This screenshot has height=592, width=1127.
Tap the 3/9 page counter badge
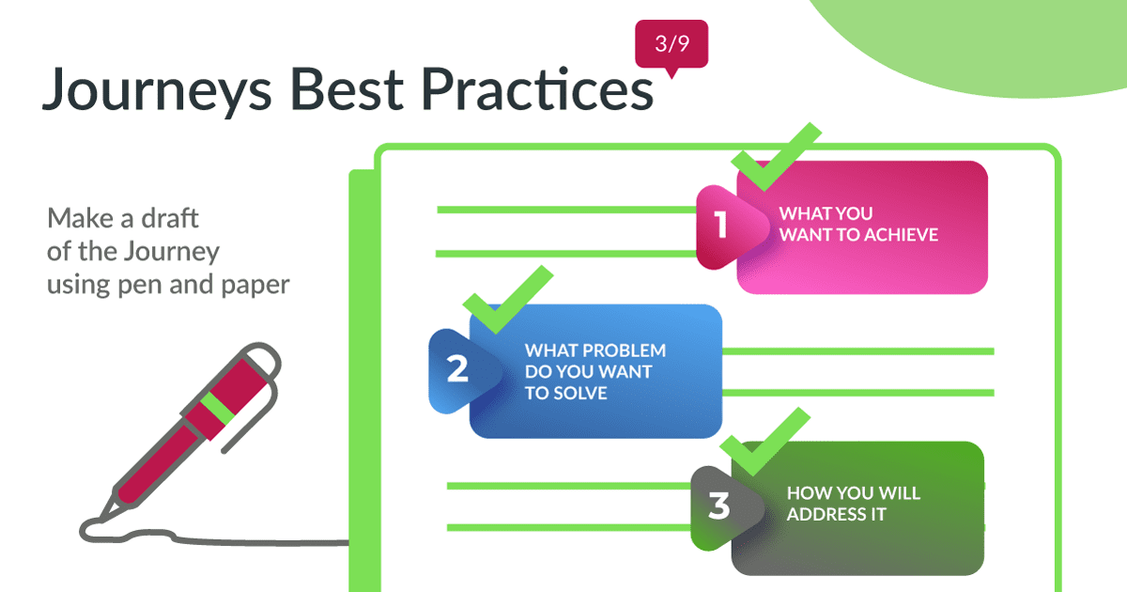(x=671, y=43)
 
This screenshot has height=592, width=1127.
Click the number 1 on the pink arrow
(x=720, y=226)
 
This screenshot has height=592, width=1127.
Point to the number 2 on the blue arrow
(x=457, y=369)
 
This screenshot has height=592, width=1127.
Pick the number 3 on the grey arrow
(x=718, y=507)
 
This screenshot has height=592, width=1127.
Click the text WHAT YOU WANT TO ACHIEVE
(x=858, y=225)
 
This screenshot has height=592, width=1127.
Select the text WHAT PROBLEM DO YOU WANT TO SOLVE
(x=595, y=371)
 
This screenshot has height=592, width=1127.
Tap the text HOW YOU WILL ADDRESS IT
(x=853, y=504)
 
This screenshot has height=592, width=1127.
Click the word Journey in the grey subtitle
(x=171, y=251)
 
